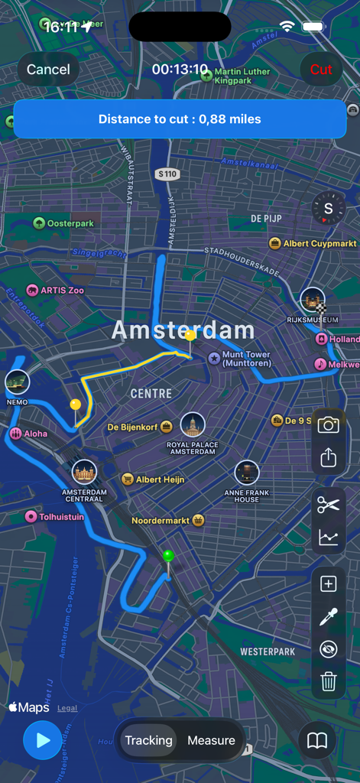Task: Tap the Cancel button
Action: [x=48, y=70]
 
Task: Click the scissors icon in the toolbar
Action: [x=329, y=504]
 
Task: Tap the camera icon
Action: [x=329, y=425]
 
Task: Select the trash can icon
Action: [x=329, y=681]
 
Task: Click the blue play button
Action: [x=42, y=740]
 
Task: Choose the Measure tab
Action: [x=211, y=740]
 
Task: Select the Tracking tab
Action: [x=148, y=740]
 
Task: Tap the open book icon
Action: [x=317, y=740]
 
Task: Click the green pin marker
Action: [x=169, y=556]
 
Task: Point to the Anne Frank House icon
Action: [x=246, y=473]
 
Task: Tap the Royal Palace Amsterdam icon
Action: [x=193, y=425]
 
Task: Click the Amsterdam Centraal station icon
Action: [x=84, y=472]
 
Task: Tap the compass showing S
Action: [x=329, y=208]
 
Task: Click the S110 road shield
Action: [x=167, y=174]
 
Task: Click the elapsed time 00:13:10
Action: [x=180, y=70]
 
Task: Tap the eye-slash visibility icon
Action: [x=329, y=649]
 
